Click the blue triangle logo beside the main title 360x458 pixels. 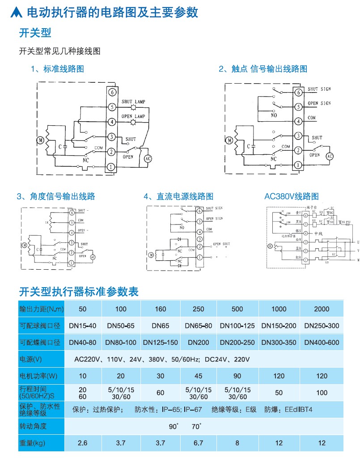tap(16, 13)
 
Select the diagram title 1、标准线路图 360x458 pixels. tap(57, 69)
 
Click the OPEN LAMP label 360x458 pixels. tap(134, 116)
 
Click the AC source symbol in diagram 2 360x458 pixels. tap(330, 156)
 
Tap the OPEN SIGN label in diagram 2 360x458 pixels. tap(319, 103)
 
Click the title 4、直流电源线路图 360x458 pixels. tap(178, 196)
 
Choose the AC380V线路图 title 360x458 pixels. tap(292, 196)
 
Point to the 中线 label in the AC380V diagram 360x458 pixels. tap(318, 233)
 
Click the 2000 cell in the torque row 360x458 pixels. tap(322, 309)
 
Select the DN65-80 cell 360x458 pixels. tap(198, 326)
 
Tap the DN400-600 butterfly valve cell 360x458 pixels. tap(322, 343)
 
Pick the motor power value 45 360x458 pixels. tap(198, 376)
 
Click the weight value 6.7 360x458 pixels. tap(198, 443)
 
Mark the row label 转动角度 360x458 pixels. tap(33, 426)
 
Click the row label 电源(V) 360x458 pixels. tap(31, 359)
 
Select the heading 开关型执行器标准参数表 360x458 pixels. tap(79, 292)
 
